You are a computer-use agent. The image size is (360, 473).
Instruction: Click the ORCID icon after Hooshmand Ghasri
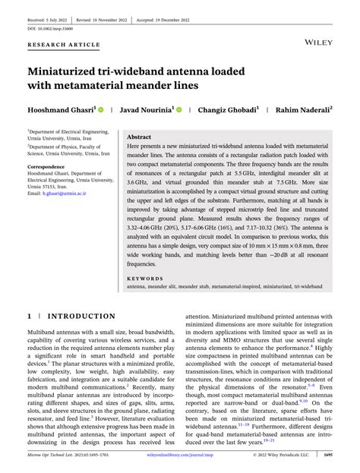(100, 109)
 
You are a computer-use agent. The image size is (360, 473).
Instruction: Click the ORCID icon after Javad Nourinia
(179, 109)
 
